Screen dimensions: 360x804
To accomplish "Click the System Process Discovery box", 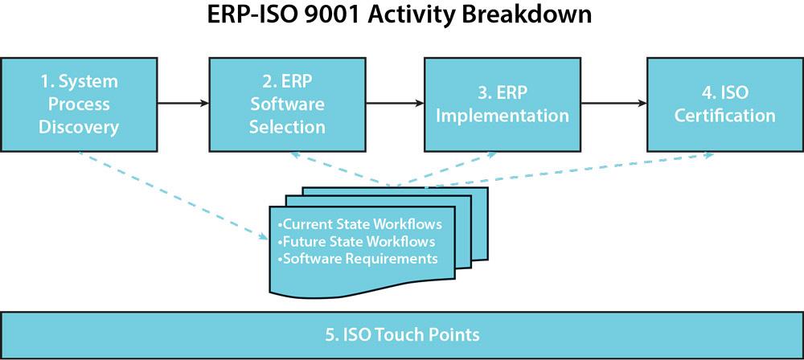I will (x=79, y=104).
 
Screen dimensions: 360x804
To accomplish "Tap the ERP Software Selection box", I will (x=287, y=104).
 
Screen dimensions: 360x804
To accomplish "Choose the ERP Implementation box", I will (x=503, y=104).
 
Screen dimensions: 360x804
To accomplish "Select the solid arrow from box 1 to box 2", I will (x=183, y=104).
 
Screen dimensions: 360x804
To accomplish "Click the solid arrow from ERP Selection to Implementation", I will (x=396, y=104).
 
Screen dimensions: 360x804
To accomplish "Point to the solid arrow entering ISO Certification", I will (x=613, y=104).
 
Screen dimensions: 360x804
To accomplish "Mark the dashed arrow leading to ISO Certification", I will (x=563, y=170).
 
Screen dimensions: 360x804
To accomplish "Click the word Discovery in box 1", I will (x=79, y=126).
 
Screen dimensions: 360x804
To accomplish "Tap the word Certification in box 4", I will (x=724, y=116).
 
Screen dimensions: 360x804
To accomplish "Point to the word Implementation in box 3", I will (x=503, y=116).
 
